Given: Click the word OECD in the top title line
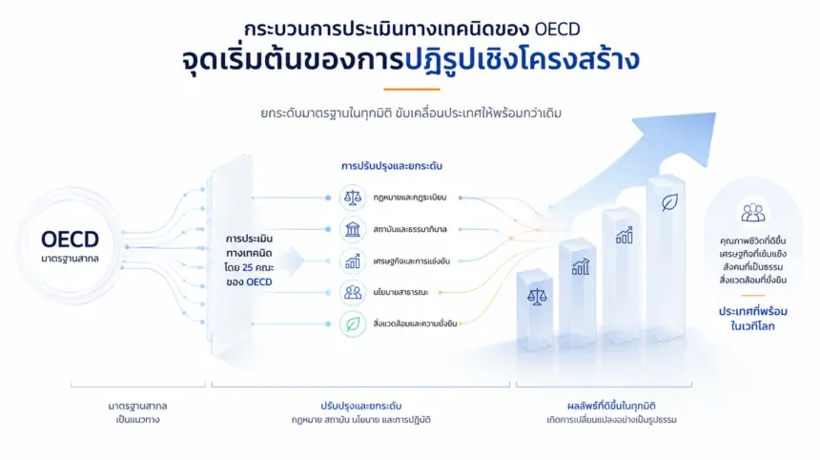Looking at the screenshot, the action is pos(557,29).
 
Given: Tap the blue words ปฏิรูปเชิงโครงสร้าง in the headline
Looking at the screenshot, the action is pos(522,59).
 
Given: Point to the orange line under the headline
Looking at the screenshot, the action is pos(412,90).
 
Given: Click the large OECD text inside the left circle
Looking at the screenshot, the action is pos(70,240).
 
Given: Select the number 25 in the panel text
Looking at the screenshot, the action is pos(247,267).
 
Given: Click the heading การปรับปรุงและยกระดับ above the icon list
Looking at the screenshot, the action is pos(392,166).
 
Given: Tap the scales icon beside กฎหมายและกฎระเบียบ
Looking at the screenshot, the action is pos(353,198).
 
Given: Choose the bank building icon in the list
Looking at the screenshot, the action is pos(353,229).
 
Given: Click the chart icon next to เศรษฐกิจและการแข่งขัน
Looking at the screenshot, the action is pos(353,261).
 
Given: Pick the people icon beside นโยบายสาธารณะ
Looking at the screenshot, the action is pos(353,292).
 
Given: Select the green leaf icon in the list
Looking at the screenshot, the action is pos(353,324).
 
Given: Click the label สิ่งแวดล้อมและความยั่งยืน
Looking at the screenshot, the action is pos(415,324).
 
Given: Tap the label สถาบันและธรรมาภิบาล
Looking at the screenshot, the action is pos(410,229).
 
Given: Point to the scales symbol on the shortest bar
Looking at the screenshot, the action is pos(537,297).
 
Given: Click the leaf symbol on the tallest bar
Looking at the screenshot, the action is pos(669,202).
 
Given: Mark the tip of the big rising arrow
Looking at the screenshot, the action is pos(714,114).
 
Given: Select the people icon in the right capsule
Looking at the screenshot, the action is pos(752,213).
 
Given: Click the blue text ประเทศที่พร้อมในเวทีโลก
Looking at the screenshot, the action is pos(752,319).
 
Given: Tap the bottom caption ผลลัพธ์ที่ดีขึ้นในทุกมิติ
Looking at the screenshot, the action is pos(611,407).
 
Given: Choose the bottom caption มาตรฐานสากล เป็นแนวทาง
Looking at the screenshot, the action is pos(137,412).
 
